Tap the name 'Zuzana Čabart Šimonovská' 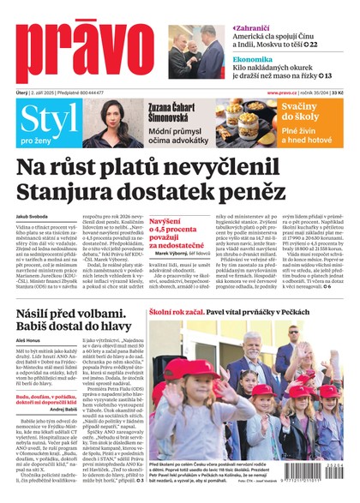click(x=175, y=110)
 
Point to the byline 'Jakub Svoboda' click(x=33, y=219)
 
